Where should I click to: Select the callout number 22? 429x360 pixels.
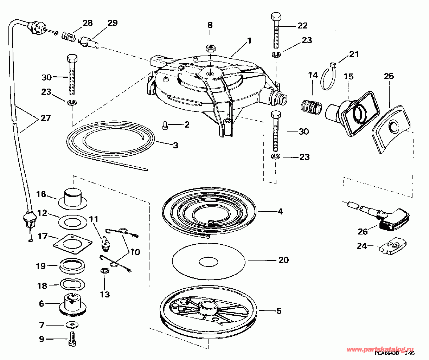click(302, 25)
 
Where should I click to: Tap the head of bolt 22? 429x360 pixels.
click(275, 17)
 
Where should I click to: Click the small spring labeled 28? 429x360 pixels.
click(68, 36)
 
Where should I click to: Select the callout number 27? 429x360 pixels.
click(45, 118)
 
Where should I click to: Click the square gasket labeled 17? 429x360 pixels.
click(73, 243)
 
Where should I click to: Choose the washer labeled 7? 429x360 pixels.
click(72, 324)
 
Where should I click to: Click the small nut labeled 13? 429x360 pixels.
click(104, 271)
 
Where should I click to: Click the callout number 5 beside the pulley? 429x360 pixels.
click(278, 311)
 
